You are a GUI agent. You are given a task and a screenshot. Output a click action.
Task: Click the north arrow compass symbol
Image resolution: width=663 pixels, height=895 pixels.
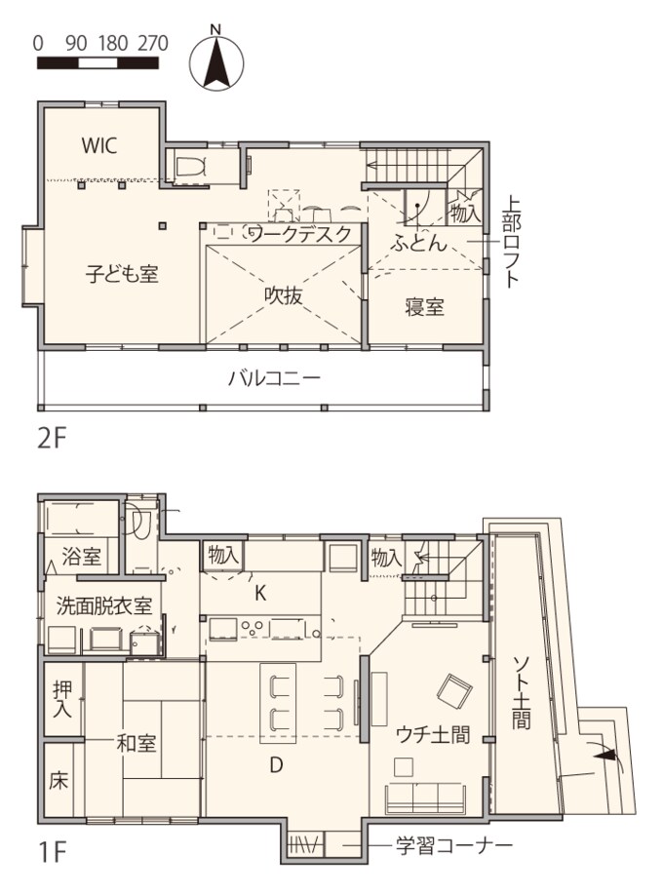221,60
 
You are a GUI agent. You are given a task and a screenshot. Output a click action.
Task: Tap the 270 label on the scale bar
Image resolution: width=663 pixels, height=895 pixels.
152,43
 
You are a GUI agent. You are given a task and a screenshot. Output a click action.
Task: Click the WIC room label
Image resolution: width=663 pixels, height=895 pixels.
98,146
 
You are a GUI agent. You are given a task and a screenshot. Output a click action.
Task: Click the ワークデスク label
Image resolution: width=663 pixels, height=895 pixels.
298,235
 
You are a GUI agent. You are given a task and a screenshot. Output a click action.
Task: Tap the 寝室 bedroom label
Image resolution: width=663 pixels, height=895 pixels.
425,307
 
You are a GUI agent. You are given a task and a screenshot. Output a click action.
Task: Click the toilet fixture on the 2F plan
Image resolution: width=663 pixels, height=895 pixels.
189,166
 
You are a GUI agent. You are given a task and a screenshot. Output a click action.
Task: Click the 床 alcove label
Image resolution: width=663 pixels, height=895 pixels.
57,781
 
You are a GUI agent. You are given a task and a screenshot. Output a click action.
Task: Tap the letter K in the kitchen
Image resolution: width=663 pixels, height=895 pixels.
260,592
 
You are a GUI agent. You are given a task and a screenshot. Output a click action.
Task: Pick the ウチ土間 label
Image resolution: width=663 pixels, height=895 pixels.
434,735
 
